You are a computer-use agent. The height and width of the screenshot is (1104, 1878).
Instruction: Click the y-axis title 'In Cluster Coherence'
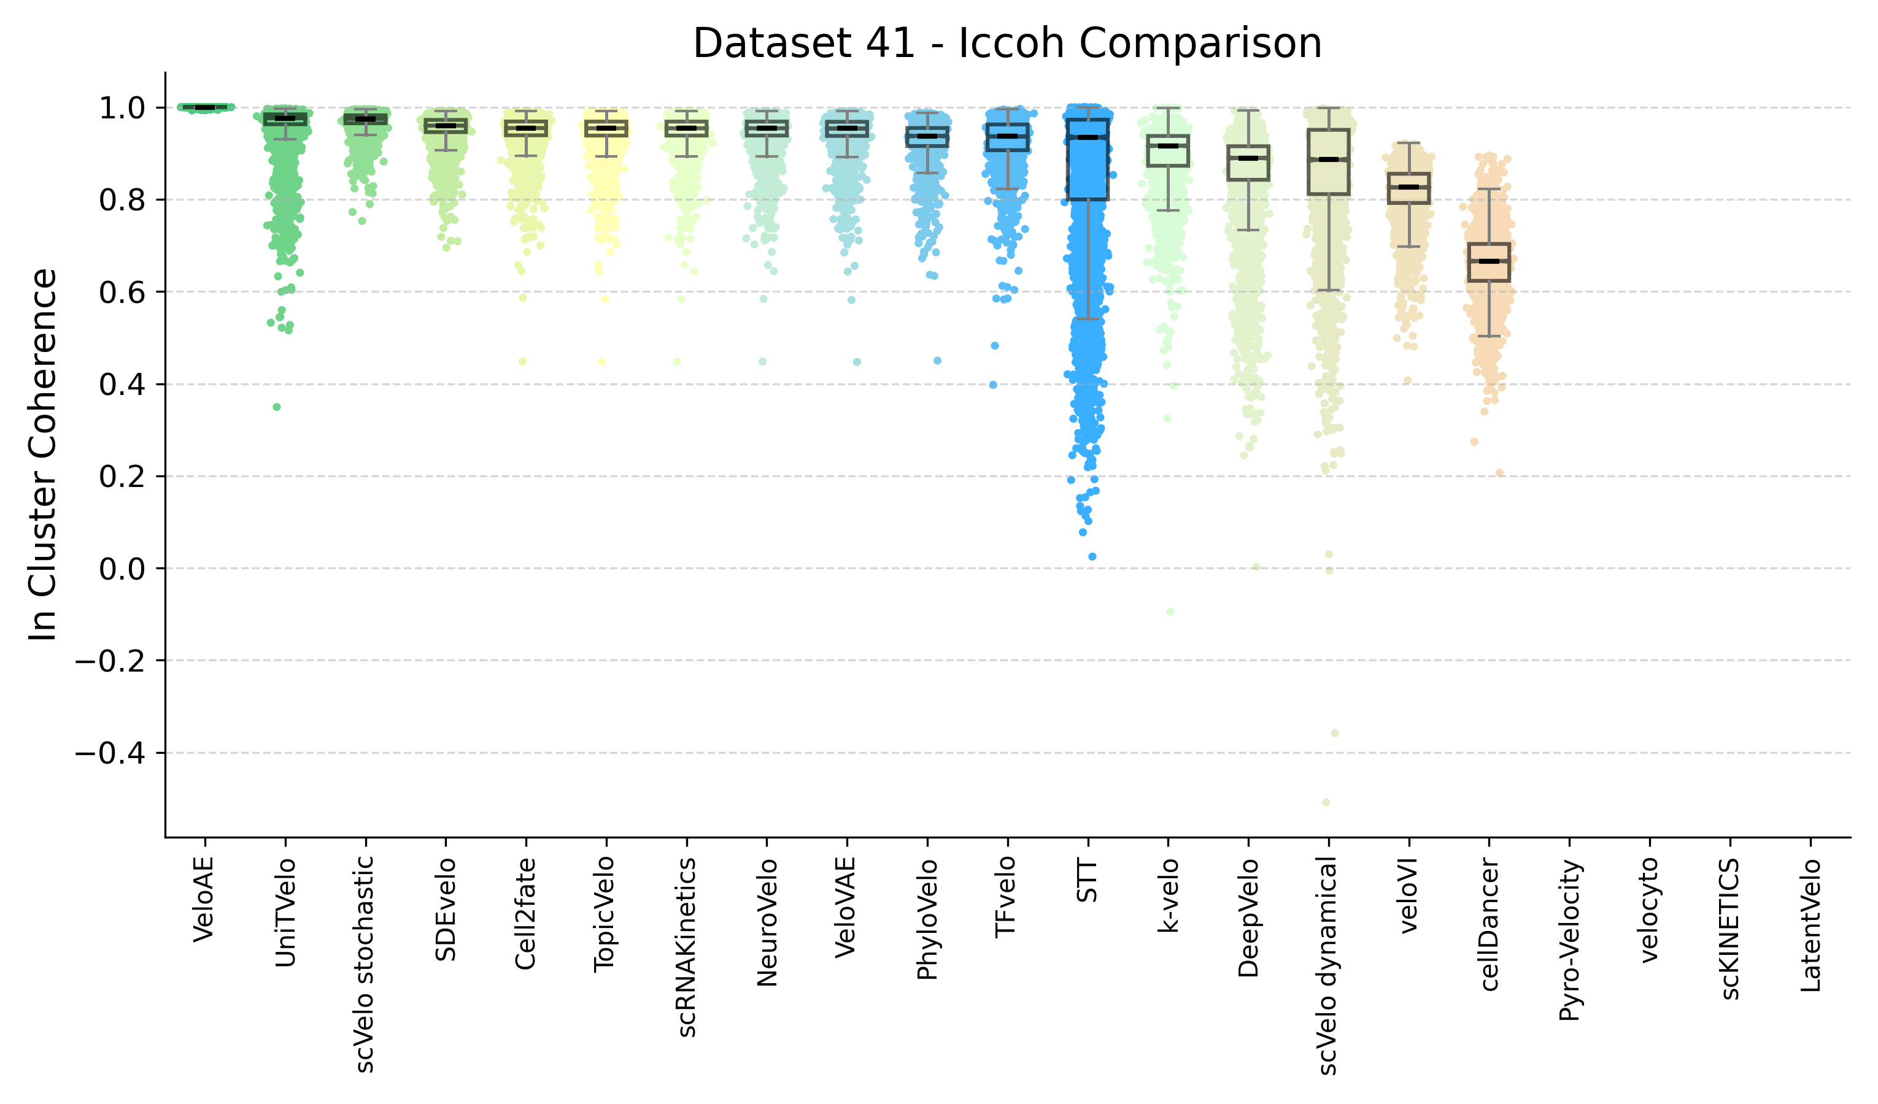click(43, 454)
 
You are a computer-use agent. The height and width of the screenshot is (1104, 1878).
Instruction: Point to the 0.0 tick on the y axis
click(122, 569)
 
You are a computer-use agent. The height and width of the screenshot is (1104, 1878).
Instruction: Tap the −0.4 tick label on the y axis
click(110, 753)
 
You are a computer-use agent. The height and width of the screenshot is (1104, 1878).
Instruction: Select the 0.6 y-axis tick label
click(122, 292)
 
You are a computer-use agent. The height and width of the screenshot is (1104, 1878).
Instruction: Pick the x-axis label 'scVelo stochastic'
click(365, 964)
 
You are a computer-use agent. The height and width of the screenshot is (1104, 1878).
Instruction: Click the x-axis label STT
click(1088, 881)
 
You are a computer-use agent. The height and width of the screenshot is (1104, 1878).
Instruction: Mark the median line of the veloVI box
click(1408, 187)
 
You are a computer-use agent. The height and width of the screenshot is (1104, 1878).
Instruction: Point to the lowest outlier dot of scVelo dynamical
click(1326, 802)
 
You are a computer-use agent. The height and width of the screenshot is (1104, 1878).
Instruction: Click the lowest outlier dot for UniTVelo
click(276, 407)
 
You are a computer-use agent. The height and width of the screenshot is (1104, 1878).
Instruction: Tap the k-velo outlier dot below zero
click(1170, 611)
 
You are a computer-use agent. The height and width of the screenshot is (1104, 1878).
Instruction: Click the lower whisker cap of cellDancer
click(1489, 337)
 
